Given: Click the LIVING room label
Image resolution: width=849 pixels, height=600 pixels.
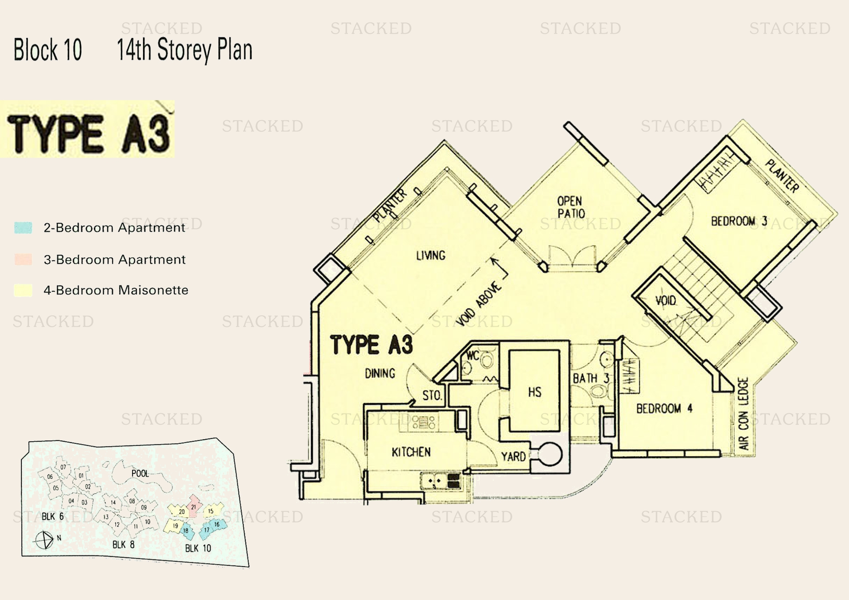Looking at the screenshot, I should pos(431,255).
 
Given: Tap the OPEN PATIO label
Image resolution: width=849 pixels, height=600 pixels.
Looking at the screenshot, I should pos(571,207).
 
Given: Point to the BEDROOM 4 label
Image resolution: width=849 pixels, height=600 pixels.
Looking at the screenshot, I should pos(664,408).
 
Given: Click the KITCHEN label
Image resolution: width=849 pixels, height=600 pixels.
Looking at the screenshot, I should pos(411,452).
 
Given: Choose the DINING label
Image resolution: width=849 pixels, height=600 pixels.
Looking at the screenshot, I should pos(380,374).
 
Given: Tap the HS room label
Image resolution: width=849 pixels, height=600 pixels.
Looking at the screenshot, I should pos(535,392).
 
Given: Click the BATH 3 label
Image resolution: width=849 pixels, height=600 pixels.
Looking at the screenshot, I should pos(591,378).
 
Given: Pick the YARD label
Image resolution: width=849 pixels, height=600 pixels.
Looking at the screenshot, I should pos(514,457).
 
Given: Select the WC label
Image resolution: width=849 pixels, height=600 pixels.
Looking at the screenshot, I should pos(473,356).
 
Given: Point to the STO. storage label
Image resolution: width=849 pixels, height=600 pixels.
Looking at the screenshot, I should pos(432,396).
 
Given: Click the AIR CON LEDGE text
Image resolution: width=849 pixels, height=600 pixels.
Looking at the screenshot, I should pos(743,414).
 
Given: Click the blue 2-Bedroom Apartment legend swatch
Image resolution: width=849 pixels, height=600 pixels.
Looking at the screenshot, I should pos(23,227).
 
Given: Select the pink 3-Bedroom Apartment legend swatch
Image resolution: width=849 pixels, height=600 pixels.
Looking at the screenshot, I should pos(23,259).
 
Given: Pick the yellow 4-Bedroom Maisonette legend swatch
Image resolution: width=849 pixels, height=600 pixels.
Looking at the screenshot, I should pos(23,290).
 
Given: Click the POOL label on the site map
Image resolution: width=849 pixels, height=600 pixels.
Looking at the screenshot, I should pos(140,473).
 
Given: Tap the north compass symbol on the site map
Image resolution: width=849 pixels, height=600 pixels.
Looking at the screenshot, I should pos(44,541).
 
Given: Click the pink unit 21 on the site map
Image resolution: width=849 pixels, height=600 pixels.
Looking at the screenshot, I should pos(194,507).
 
